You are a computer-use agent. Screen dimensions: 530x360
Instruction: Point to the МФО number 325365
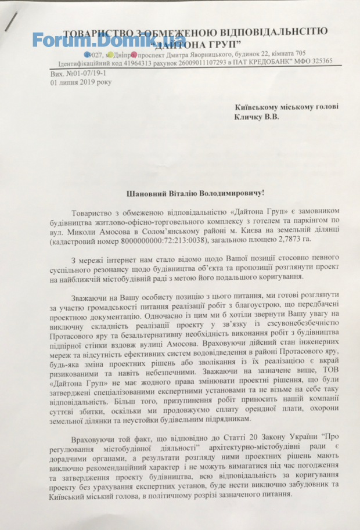click(x=318, y=62)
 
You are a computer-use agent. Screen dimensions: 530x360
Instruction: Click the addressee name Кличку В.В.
click(x=257, y=117)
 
